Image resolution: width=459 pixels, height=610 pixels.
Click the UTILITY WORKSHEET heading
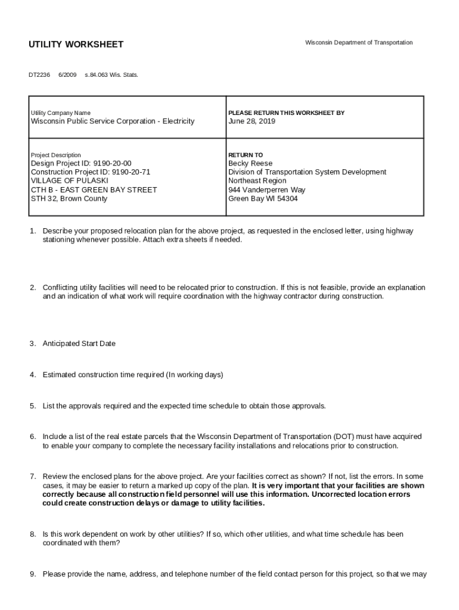(x=76, y=45)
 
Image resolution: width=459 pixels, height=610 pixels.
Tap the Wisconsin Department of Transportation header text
(x=358, y=43)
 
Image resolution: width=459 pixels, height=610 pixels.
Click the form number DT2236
(x=39, y=75)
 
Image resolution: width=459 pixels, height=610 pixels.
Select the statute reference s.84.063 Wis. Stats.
(x=111, y=75)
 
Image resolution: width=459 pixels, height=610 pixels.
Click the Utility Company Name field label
(x=60, y=113)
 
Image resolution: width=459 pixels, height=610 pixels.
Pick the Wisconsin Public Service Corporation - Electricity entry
(x=112, y=122)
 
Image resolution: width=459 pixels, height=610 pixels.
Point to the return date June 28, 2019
(x=252, y=122)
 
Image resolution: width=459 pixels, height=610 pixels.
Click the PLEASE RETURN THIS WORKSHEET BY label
(x=286, y=113)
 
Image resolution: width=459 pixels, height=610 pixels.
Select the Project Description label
(x=55, y=155)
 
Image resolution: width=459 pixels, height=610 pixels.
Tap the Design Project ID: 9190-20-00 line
(x=81, y=164)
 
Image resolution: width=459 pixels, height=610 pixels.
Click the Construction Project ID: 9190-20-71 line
(x=91, y=172)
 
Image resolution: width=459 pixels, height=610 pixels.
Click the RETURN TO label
(x=245, y=155)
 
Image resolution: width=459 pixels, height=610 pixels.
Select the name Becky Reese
(x=250, y=164)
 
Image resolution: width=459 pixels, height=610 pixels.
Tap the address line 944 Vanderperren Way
(x=266, y=190)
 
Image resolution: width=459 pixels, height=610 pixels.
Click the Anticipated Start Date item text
(x=79, y=344)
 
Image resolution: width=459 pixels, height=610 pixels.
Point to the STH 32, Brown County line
(x=69, y=199)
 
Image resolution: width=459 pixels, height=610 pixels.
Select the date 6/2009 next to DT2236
(x=67, y=75)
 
